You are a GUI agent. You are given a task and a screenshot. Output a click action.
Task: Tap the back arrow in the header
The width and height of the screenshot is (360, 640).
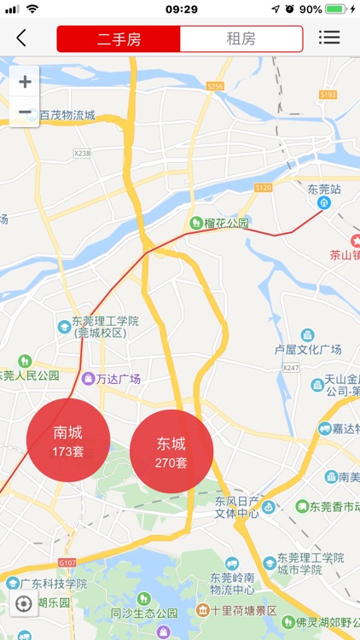click(x=21, y=38)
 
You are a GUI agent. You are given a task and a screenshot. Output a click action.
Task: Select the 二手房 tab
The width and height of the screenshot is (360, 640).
click(x=119, y=38)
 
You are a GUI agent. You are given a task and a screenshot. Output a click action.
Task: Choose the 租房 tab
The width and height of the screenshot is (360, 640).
click(x=241, y=38)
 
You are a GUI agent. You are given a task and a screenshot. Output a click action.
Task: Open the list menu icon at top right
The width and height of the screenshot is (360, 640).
click(x=329, y=38)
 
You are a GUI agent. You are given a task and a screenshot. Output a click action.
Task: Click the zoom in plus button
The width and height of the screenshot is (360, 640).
click(x=25, y=82)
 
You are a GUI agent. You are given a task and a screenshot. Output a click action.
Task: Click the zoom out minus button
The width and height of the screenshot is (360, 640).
click(x=25, y=112)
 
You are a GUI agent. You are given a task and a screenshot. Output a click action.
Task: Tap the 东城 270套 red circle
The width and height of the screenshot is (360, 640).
click(x=171, y=452)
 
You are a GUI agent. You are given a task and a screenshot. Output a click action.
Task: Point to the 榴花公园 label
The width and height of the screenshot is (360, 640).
click(x=225, y=224)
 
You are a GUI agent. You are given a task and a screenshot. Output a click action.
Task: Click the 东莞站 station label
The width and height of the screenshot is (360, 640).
click(x=324, y=189)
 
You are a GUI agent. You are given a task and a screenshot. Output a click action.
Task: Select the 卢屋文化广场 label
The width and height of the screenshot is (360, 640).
click(x=307, y=350)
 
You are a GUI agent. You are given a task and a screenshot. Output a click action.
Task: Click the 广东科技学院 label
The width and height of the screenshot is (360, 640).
click(x=52, y=584)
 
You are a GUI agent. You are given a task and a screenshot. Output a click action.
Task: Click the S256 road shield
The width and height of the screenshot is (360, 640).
click(x=215, y=86)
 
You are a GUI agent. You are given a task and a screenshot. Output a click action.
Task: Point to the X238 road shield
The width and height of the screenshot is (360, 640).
click(x=82, y=153)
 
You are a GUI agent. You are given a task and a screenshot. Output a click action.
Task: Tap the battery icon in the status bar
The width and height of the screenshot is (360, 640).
click(x=339, y=9)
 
